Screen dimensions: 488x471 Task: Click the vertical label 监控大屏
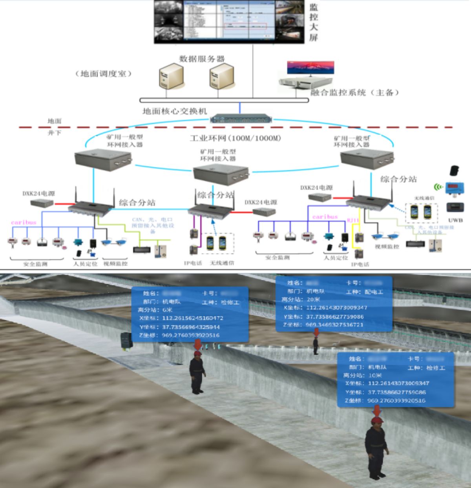click(x=313, y=22)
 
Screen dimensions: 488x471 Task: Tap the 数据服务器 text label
click(x=202, y=59)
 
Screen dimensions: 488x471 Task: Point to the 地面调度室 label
click(x=103, y=74)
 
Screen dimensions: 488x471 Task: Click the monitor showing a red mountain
click(x=310, y=68)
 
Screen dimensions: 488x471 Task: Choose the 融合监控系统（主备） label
click(x=355, y=93)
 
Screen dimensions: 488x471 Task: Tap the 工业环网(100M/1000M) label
click(x=235, y=138)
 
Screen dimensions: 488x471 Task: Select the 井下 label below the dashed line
click(x=55, y=133)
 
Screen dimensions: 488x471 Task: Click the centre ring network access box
click(x=221, y=174)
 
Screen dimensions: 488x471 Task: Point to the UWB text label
click(x=455, y=220)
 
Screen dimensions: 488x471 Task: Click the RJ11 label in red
click(x=353, y=220)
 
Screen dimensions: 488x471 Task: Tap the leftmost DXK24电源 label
click(x=38, y=194)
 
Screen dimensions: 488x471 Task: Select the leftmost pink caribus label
click(x=24, y=222)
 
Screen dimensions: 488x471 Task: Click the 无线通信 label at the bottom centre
click(x=222, y=263)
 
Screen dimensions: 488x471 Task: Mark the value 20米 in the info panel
click(x=313, y=299)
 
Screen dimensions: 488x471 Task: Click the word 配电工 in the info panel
click(x=373, y=292)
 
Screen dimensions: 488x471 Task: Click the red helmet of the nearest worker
click(x=377, y=420)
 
